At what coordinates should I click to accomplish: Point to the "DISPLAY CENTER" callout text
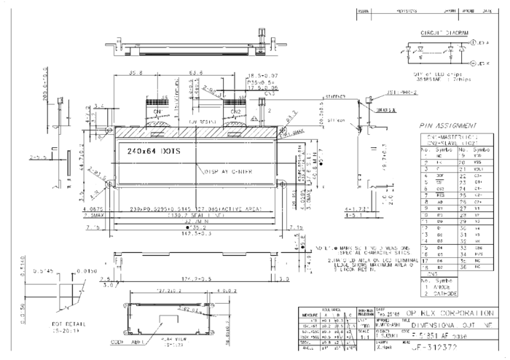pos(226,172)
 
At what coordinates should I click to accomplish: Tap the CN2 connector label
pos(235,111)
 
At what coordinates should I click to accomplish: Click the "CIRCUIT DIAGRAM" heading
pos(444,34)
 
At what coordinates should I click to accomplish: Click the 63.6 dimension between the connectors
pos(196,74)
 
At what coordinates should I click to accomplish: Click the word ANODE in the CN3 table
pos(443,287)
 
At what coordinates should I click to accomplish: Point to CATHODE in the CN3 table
pos(445,294)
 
